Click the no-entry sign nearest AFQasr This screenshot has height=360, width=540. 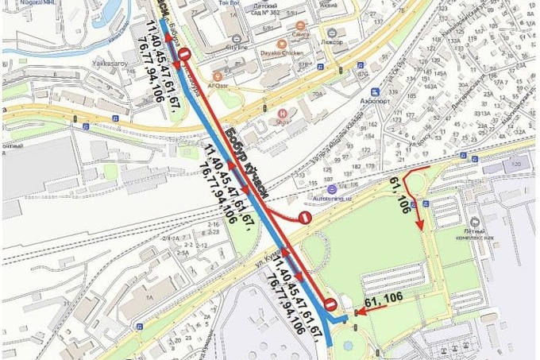coord(184,54)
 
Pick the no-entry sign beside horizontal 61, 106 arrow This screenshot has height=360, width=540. coord(330,303)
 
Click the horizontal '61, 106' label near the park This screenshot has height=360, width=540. coord(382,300)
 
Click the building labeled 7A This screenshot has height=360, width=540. coord(148,295)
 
